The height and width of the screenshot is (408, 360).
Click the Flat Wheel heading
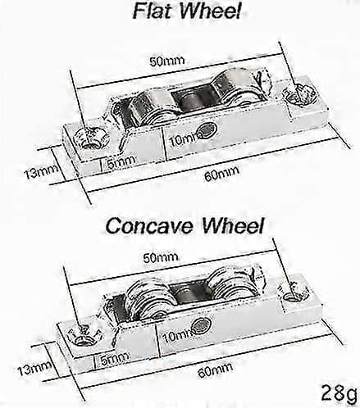(x=187, y=11)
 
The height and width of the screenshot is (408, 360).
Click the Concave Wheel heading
(x=185, y=225)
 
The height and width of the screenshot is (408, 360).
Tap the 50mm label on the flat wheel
(x=167, y=61)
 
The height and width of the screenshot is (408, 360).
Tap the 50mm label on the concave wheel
(x=161, y=257)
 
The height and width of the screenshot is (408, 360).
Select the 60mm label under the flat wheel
(x=221, y=174)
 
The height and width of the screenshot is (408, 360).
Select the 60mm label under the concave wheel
(x=216, y=369)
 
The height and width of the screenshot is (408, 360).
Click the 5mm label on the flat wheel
(x=121, y=162)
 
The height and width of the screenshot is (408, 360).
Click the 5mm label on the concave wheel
(x=115, y=359)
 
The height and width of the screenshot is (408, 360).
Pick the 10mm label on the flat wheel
(x=185, y=139)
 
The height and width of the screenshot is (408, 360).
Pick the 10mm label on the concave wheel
(x=179, y=335)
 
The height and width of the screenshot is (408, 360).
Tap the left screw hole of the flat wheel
(x=89, y=138)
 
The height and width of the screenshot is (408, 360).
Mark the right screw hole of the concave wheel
(x=294, y=292)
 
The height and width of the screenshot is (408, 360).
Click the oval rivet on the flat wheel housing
(x=208, y=129)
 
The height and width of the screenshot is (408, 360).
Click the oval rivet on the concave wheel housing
(x=202, y=325)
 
